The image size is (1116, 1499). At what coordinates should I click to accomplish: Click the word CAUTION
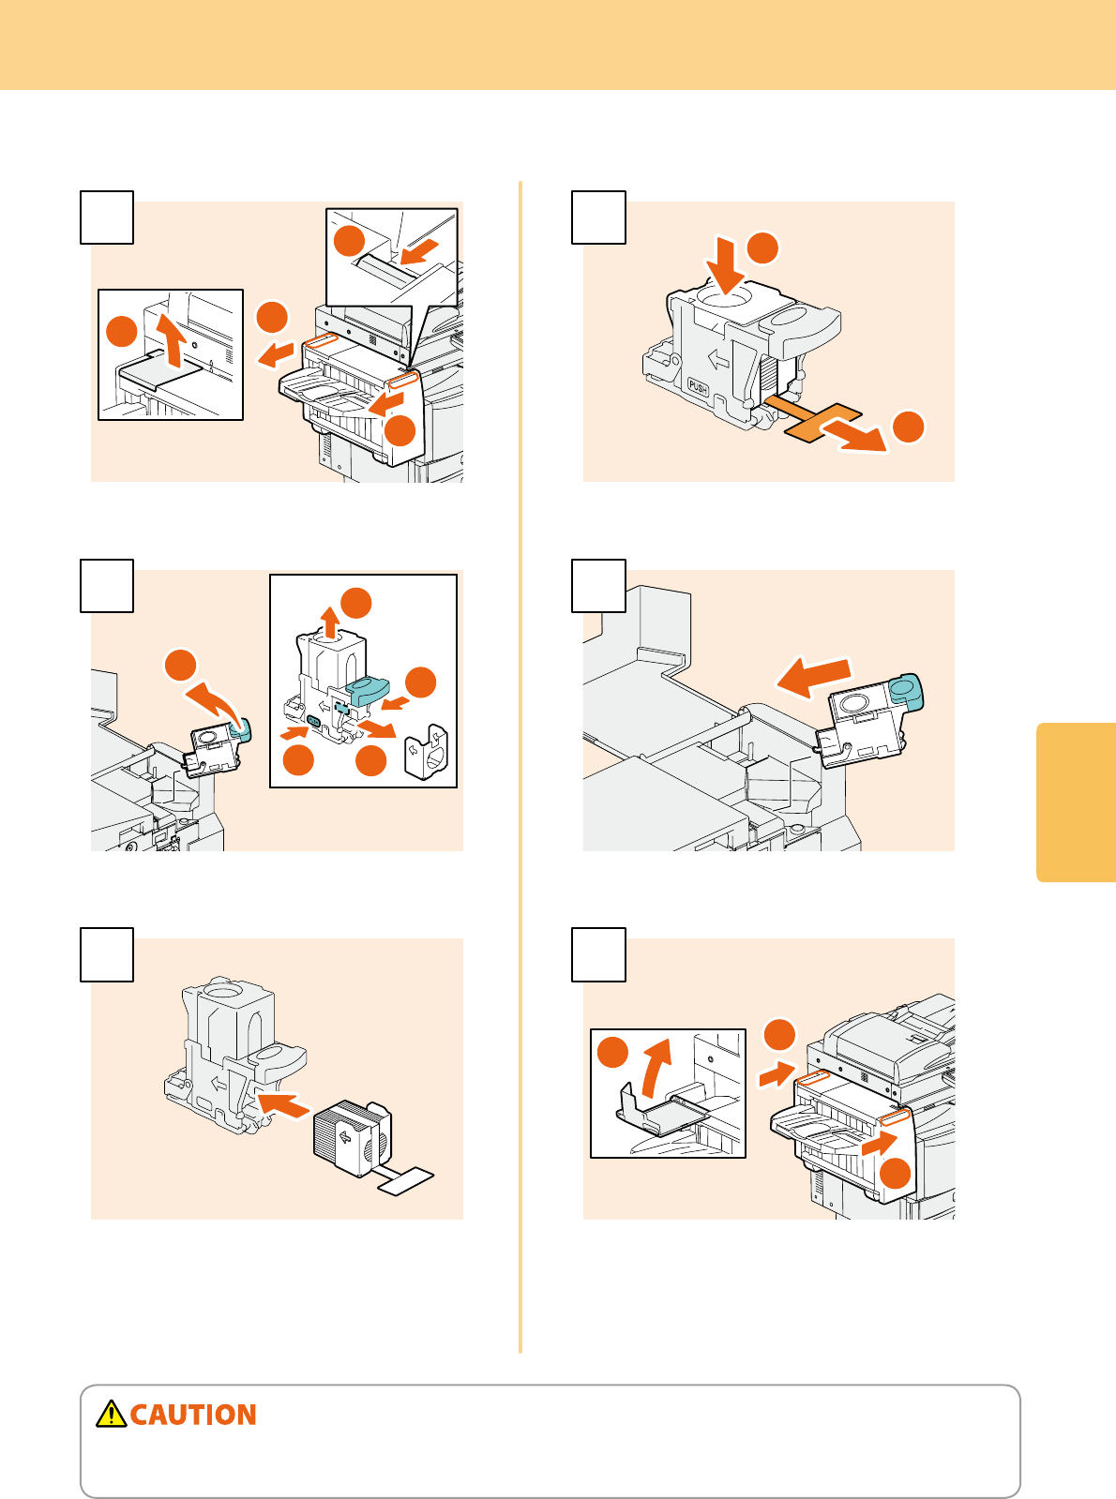(193, 1415)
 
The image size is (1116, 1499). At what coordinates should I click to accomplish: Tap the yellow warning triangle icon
(111, 1414)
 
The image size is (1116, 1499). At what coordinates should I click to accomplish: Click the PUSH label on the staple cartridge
(698, 387)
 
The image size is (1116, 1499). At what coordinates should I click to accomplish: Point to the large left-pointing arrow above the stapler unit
(814, 677)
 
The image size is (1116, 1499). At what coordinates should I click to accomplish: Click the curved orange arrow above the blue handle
(214, 703)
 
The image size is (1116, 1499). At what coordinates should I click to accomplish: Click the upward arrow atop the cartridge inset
(330, 622)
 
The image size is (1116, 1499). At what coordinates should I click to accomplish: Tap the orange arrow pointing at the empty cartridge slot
(282, 1105)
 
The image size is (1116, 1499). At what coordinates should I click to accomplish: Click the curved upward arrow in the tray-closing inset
(656, 1069)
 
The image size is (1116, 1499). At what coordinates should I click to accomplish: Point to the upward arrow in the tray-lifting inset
(172, 341)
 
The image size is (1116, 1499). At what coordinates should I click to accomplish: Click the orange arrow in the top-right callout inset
(419, 252)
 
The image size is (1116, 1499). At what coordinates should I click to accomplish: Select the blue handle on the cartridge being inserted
(906, 693)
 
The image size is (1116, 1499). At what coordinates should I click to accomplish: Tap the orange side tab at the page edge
(1076, 802)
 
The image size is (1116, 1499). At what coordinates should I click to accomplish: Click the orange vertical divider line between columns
(520, 767)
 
